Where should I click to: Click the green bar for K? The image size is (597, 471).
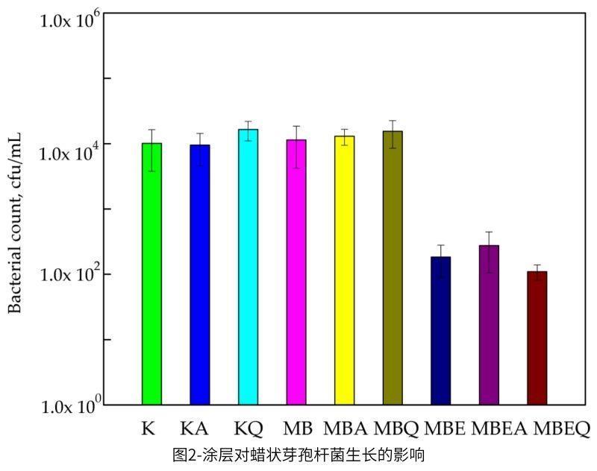click(x=151, y=274)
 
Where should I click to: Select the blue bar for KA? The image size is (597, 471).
click(x=199, y=274)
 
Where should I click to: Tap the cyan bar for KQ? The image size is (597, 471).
click(x=248, y=267)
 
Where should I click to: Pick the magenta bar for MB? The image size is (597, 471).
click(x=296, y=272)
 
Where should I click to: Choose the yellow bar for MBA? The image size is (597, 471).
click(x=345, y=270)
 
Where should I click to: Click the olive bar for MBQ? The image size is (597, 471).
click(x=393, y=268)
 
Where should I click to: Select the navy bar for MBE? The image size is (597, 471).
click(x=441, y=330)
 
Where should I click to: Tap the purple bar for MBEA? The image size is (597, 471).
click(x=489, y=325)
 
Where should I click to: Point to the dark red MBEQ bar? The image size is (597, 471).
click(x=537, y=338)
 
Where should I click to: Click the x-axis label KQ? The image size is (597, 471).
click(x=248, y=429)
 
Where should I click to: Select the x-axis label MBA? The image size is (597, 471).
click(x=345, y=429)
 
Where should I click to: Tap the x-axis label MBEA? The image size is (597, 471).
click(x=499, y=429)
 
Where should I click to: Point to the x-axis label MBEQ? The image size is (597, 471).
click(x=562, y=429)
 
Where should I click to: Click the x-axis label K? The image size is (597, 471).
click(x=147, y=429)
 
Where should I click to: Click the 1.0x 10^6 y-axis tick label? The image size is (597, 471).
click(x=72, y=19)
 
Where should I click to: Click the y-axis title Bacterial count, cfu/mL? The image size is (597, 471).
click(x=15, y=224)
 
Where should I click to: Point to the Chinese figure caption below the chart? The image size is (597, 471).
click(x=298, y=454)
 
